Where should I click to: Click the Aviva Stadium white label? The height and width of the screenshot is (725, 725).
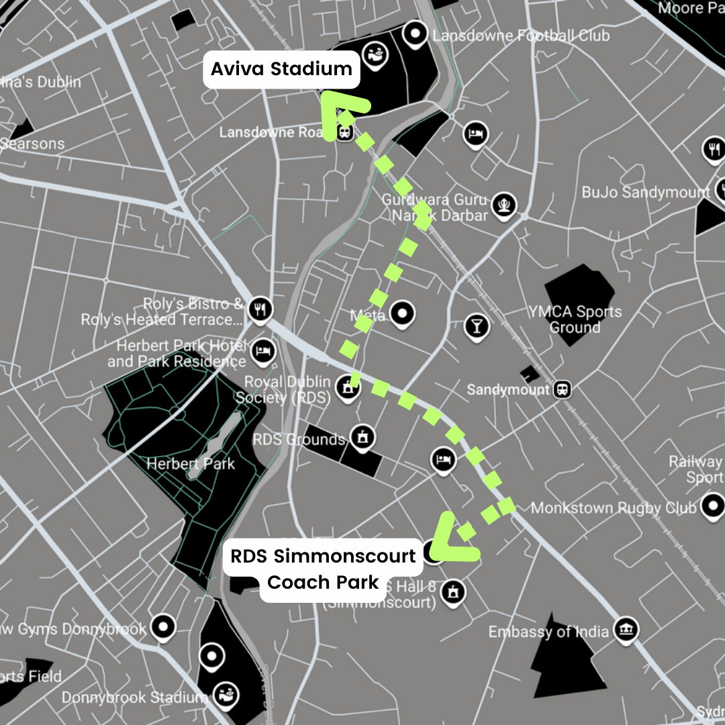click(x=281, y=69)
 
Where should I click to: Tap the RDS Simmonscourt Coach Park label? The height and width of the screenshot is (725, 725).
click(x=323, y=569)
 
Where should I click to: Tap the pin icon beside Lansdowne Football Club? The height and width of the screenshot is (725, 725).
click(x=417, y=33)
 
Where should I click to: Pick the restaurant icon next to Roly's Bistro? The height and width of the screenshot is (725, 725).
click(x=260, y=309)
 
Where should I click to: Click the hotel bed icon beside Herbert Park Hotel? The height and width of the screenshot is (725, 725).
click(x=263, y=351)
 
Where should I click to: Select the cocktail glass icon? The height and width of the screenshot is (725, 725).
click(x=476, y=326)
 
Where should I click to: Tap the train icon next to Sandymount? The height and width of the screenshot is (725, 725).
click(x=562, y=389)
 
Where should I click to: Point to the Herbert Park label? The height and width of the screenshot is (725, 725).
click(x=191, y=463)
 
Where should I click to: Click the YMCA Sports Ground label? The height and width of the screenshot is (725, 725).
click(x=575, y=320)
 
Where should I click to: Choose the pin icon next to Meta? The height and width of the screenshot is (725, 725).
click(x=402, y=313)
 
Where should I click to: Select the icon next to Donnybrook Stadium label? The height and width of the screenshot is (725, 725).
click(x=224, y=695)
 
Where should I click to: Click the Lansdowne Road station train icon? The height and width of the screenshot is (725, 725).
click(x=345, y=132)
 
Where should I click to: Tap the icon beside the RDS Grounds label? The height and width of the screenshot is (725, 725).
click(x=363, y=437)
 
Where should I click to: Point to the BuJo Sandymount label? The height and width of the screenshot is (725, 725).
click(x=645, y=193)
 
